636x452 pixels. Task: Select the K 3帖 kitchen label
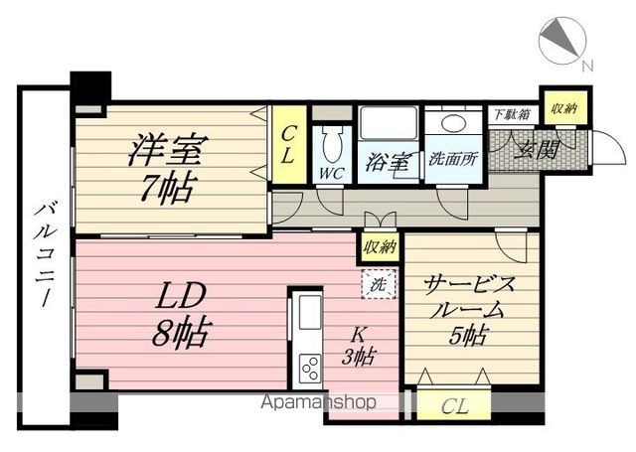[x=358, y=346]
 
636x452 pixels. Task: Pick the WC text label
[x=331, y=174]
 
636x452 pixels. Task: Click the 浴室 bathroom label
[x=388, y=162]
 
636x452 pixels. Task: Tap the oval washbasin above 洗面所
[x=453, y=123]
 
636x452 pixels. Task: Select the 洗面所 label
[x=453, y=160]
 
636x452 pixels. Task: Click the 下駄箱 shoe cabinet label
[x=512, y=114]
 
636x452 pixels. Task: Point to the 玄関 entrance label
[x=537, y=150]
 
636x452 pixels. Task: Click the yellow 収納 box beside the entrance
[x=564, y=108]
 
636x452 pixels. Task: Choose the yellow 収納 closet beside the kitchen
[x=380, y=246]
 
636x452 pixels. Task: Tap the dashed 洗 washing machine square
[x=379, y=284]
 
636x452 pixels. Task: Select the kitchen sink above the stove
[x=310, y=312]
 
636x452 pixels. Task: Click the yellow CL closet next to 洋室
[x=289, y=144]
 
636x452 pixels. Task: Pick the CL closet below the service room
[x=454, y=405]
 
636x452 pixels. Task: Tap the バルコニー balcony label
[x=46, y=255]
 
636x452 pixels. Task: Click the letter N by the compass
[x=587, y=66]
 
